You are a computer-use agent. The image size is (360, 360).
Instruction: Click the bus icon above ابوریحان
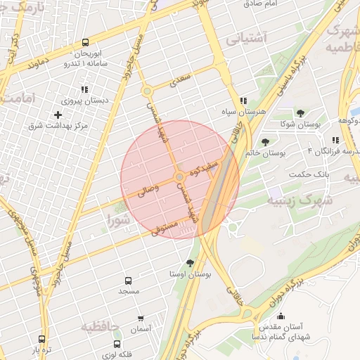point(85,41)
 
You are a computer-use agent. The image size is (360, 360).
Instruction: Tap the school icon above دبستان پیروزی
point(85,89)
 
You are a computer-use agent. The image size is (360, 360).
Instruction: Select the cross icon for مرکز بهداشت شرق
point(58,114)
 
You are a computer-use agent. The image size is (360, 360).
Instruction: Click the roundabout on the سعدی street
point(147,91)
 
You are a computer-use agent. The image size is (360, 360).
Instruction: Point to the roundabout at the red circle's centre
point(180,176)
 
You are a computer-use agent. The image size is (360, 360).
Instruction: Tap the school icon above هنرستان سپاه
point(243,101)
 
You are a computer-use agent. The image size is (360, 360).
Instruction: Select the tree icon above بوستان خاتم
point(264,143)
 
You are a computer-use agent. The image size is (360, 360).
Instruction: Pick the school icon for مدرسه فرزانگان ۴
point(335,140)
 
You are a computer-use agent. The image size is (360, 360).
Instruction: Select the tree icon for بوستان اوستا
point(190,262)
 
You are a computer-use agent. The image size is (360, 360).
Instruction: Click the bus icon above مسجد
point(128,281)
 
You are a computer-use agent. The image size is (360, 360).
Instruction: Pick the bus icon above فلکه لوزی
point(117,344)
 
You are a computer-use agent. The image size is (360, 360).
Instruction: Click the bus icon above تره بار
point(41,339)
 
